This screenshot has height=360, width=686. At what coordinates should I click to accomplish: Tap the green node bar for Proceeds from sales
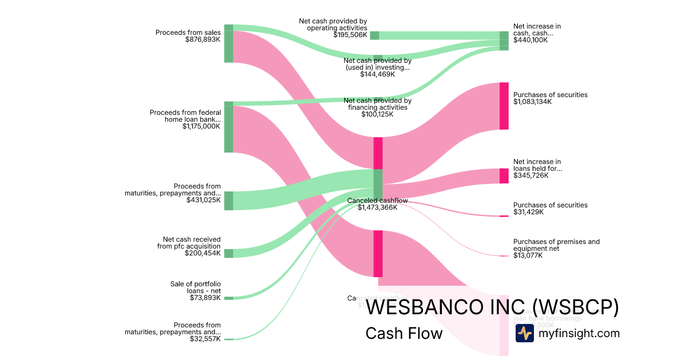[229, 43]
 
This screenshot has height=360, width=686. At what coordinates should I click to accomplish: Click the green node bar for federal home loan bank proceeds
[229, 127]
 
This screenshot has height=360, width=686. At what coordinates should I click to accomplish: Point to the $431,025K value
[204, 200]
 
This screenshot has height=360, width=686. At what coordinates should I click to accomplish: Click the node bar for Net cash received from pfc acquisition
[229, 253]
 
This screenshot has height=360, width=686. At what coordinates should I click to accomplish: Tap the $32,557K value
[205, 339]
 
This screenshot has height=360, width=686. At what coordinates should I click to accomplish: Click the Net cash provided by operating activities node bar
[374, 35]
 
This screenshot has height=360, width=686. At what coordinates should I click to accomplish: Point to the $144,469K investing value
[377, 74]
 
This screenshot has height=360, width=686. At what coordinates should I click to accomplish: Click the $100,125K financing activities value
[377, 114]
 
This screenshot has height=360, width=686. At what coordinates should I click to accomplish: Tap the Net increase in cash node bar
[504, 41]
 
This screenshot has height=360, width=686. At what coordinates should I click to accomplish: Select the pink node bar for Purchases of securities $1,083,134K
[504, 106]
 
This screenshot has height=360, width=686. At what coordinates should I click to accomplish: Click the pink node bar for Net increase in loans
[504, 175]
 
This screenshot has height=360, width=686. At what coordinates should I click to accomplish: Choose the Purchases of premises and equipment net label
[556, 245]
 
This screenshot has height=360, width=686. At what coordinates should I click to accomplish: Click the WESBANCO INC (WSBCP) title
[492, 307]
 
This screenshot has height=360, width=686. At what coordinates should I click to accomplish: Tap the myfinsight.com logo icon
[524, 333]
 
